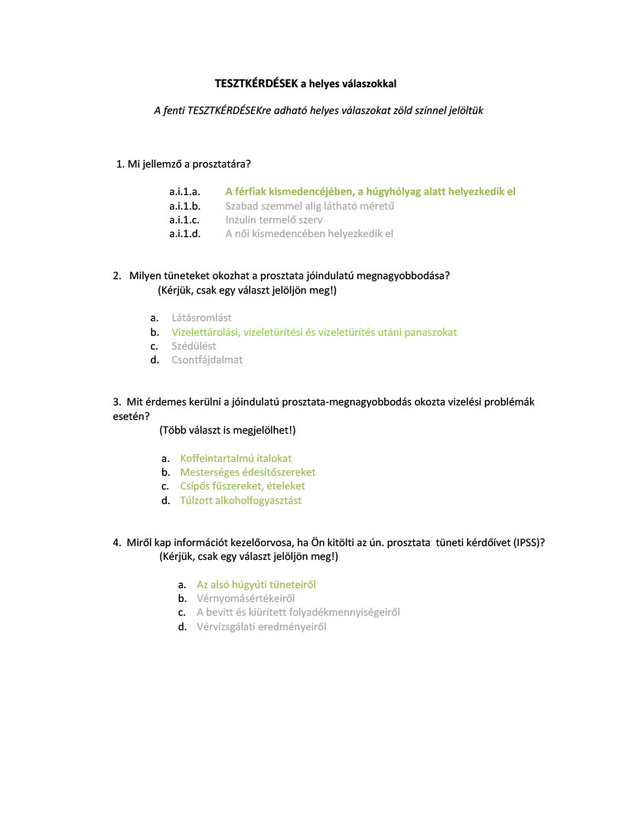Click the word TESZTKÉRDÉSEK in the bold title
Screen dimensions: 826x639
[255, 83]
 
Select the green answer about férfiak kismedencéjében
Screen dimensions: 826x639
[370, 192]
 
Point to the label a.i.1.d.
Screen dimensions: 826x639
[184, 234]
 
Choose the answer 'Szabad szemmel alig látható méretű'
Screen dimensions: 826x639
[309, 206]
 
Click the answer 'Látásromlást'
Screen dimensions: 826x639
[201, 317]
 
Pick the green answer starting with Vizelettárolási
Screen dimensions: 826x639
[314, 332]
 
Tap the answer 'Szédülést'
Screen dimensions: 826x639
[194, 346]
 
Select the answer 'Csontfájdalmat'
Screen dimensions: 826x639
[207, 359]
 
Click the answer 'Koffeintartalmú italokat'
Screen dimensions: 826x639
[236, 458]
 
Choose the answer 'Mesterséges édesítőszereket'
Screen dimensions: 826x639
[248, 473]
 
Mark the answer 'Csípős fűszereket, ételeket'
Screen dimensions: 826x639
[243, 486]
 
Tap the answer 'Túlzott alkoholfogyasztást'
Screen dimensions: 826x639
[240, 501]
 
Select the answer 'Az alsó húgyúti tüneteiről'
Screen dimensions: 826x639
[256, 584]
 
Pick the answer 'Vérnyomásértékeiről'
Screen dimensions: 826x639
[246, 599]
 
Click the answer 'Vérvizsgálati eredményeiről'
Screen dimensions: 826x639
[261, 627]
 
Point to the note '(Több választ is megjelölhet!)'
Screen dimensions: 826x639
[227, 431]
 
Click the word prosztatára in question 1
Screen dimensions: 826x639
[225, 164]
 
